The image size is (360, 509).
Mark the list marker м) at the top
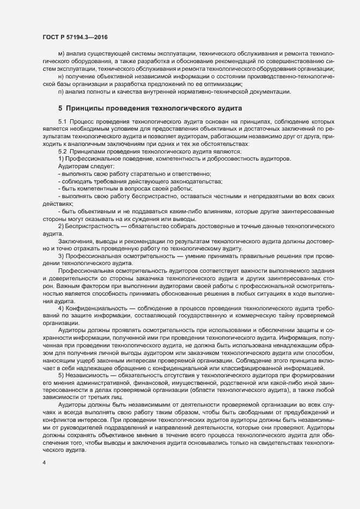click(61, 54)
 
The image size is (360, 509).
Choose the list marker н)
click(61, 77)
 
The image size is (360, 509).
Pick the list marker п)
click(61, 93)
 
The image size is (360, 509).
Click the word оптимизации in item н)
click(222, 85)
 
